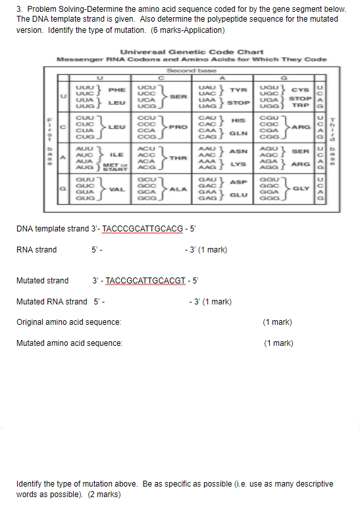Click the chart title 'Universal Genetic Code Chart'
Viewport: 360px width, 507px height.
click(192, 52)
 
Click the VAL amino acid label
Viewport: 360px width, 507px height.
click(117, 190)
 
